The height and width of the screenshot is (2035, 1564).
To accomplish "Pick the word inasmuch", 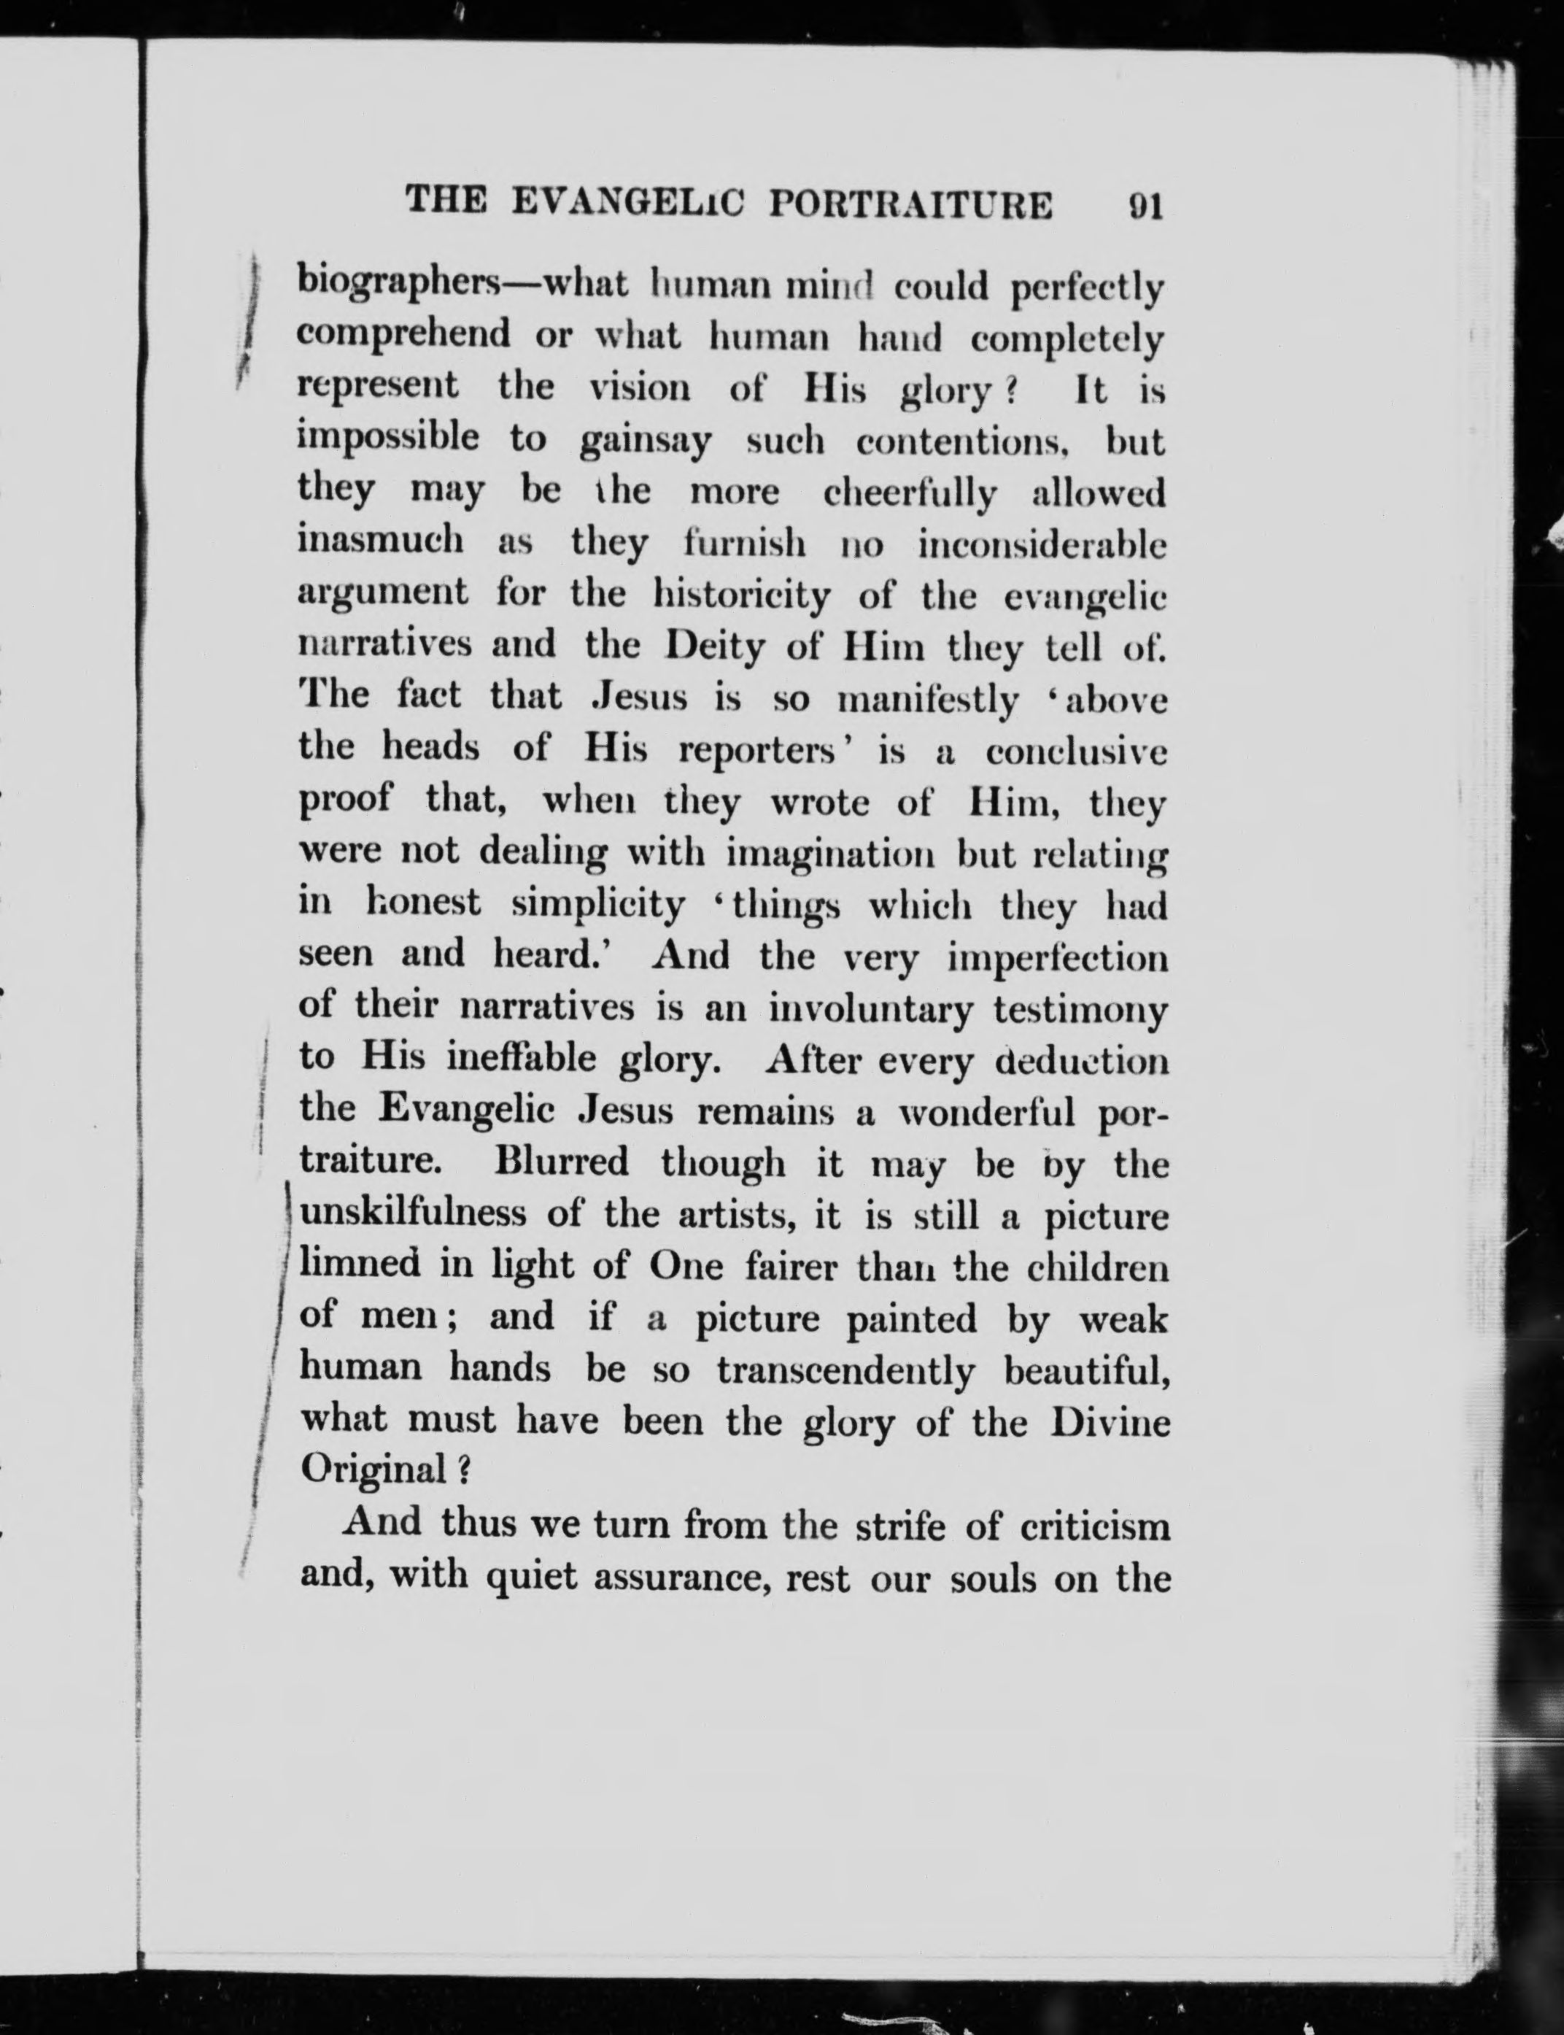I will [381, 543].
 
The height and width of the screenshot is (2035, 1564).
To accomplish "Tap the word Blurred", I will [562, 1164].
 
